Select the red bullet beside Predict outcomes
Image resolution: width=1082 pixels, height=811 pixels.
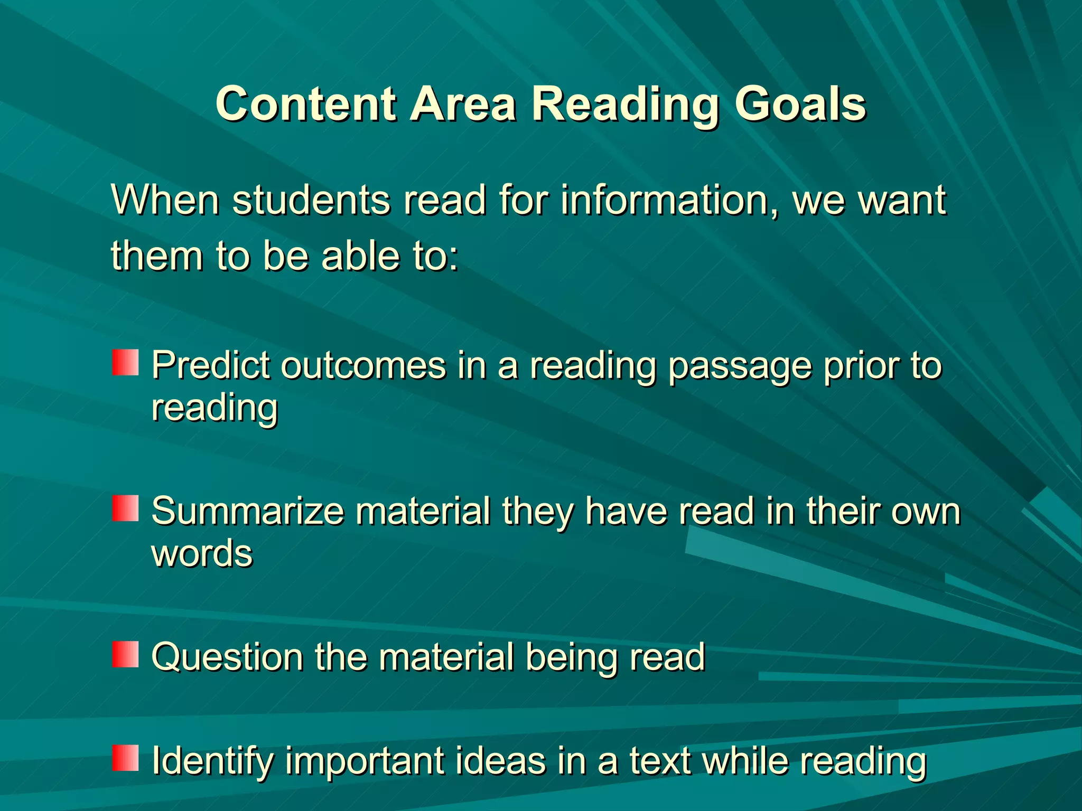point(125,362)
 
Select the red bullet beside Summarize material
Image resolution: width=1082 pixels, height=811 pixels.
point(125,508)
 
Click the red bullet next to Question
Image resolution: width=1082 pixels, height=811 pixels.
point(125,654)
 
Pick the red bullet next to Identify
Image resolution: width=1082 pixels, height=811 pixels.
point(125,758)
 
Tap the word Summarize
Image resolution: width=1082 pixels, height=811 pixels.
point(248,512)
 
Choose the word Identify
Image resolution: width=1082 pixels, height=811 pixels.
point(212,761)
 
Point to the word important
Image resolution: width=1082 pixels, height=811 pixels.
point(365,761)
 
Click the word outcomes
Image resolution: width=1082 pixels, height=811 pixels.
point(363,365)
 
